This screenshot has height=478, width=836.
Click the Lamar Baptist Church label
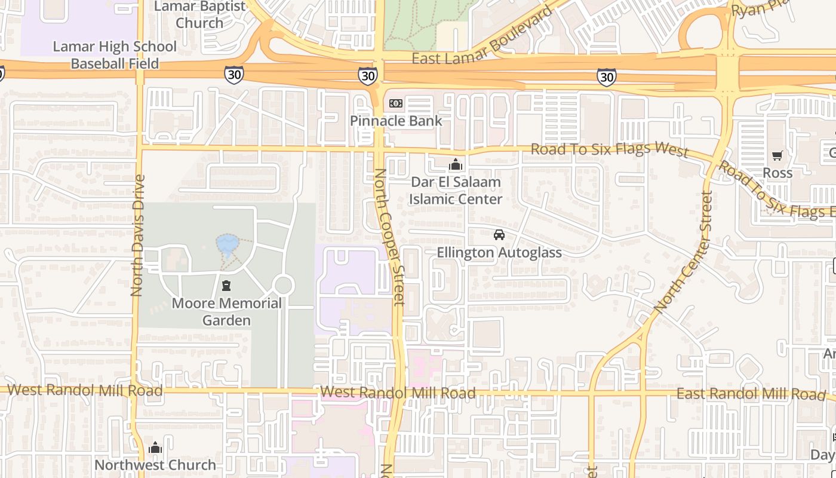(199, 15)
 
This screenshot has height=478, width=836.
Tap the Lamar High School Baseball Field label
(115, 55)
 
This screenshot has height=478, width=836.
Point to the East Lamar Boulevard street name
(482, 41)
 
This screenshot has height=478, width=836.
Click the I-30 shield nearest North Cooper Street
(368, 75)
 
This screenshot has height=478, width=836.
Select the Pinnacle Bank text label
(396, 121)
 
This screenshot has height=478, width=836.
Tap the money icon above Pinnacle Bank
(396, 103)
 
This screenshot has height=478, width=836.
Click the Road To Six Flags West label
(610, 149)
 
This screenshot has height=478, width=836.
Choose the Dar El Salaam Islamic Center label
(456, 190)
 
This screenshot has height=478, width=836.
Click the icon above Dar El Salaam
(456, 164)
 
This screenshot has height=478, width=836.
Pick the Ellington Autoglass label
(499, 253)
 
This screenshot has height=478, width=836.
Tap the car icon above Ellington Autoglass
(499, 235)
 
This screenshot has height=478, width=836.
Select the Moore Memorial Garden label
(226, 311)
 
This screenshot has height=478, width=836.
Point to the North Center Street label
(683, 250)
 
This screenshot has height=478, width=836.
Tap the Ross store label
(777, 173)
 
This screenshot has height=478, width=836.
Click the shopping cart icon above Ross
(777, 156)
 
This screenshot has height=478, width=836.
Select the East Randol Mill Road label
(751, 394)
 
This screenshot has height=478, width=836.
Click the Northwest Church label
(155, 465)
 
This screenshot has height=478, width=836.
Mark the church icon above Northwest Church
(155, 448)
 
